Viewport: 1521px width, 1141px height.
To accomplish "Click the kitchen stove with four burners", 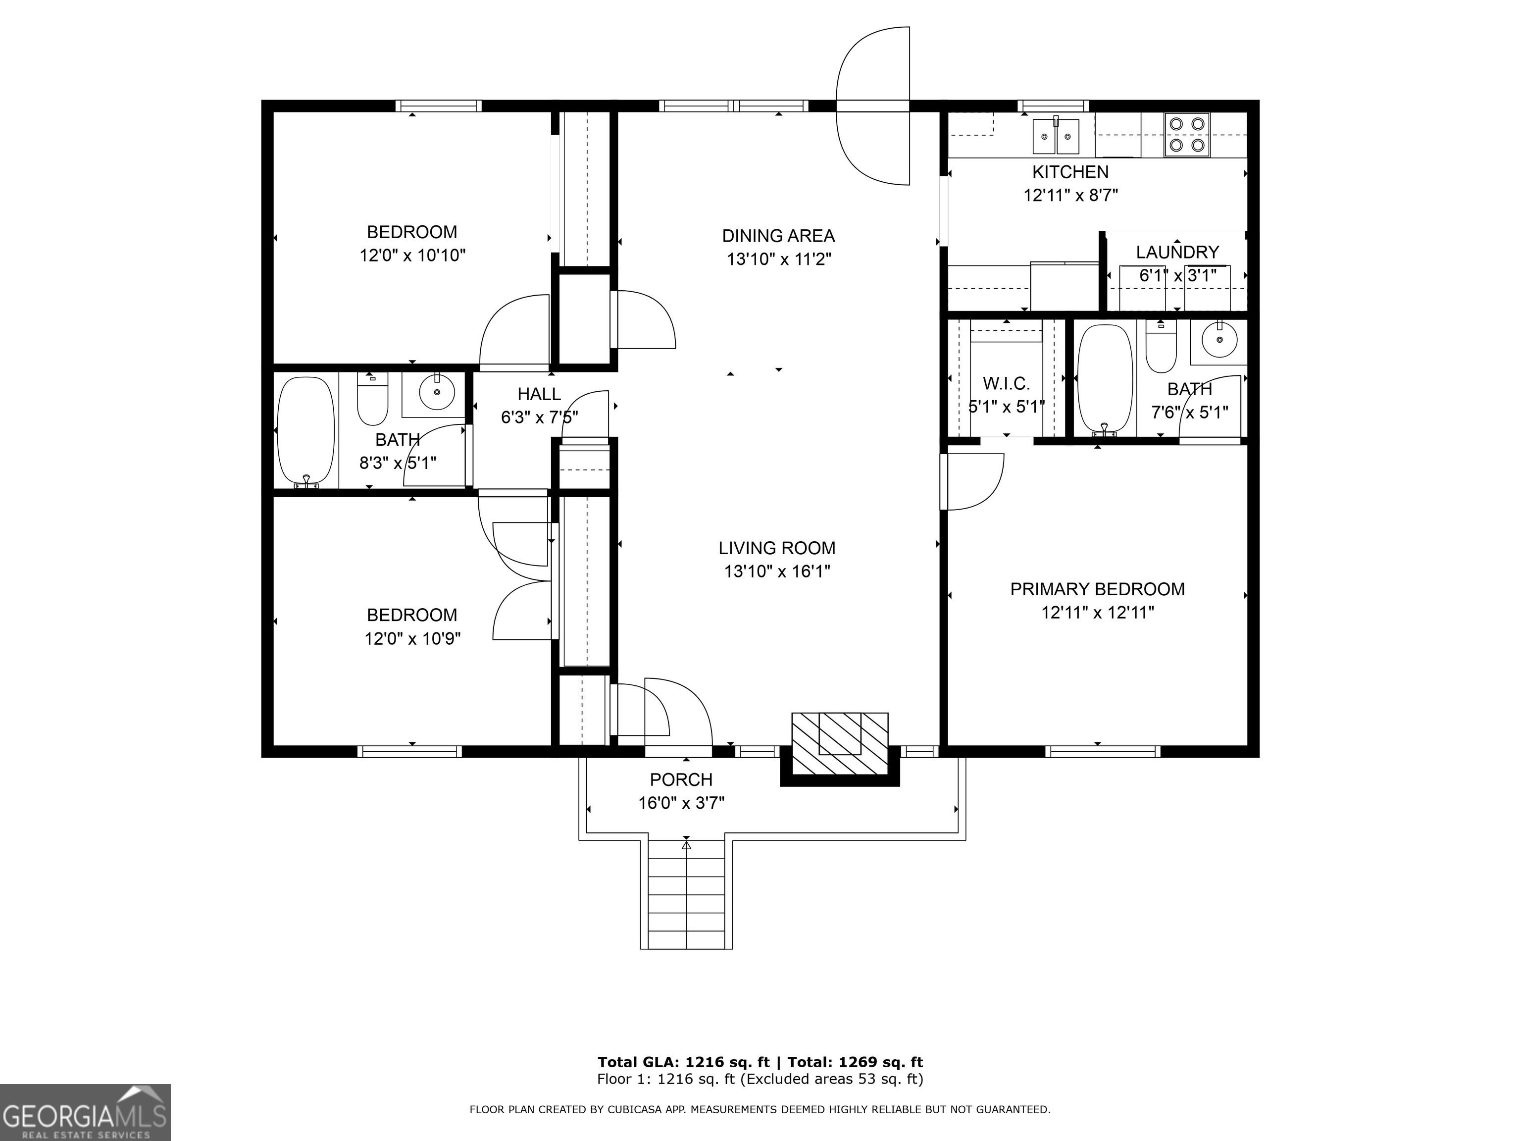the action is [1187, 134].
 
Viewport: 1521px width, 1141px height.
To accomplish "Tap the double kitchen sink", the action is [1056, 136].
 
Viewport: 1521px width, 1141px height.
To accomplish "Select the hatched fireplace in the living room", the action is [840, 743].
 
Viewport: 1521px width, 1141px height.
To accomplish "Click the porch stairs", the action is [686, 894].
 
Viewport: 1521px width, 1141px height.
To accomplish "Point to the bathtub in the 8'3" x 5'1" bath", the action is [305, 431].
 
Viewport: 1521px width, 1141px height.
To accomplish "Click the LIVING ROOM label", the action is [777, 548].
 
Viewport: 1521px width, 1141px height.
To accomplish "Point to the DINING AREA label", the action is [778, 236].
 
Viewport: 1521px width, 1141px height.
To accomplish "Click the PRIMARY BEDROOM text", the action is [1098, 589].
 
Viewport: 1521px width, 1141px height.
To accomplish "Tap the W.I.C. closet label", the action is [1007, 383].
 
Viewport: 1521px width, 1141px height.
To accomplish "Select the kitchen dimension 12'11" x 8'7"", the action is [1070, 195].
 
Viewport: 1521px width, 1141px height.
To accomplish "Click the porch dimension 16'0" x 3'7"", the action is [681, 803].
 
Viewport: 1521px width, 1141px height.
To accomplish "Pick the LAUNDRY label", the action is [1177, 253].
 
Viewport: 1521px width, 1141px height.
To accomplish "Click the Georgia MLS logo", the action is [85, 1112].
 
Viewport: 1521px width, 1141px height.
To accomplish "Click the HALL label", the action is [539, 394].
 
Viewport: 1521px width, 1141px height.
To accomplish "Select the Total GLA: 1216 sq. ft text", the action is [683, 1063].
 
